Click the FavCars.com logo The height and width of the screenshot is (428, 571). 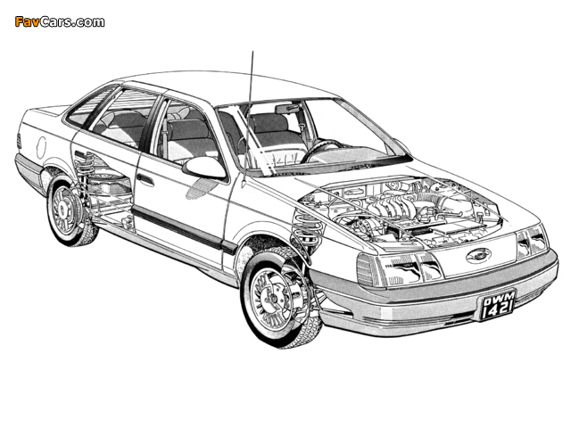(60, 21)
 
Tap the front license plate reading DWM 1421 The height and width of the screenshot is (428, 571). (498, 305)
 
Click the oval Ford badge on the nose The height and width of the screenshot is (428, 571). (478, 255)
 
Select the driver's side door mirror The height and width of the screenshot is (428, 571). (204, 168)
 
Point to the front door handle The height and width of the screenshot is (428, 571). (145, 179)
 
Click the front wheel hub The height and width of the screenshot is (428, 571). (272, 300)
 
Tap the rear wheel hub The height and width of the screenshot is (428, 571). (62, 210)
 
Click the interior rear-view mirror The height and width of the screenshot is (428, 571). (287, 109)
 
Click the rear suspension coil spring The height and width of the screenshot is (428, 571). (85, 169)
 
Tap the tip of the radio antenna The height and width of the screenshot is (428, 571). (252, 52)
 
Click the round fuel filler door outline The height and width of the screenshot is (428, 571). (42, 147)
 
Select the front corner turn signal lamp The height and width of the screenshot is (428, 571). (368, 270)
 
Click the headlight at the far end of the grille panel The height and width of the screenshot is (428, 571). (532, 241)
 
